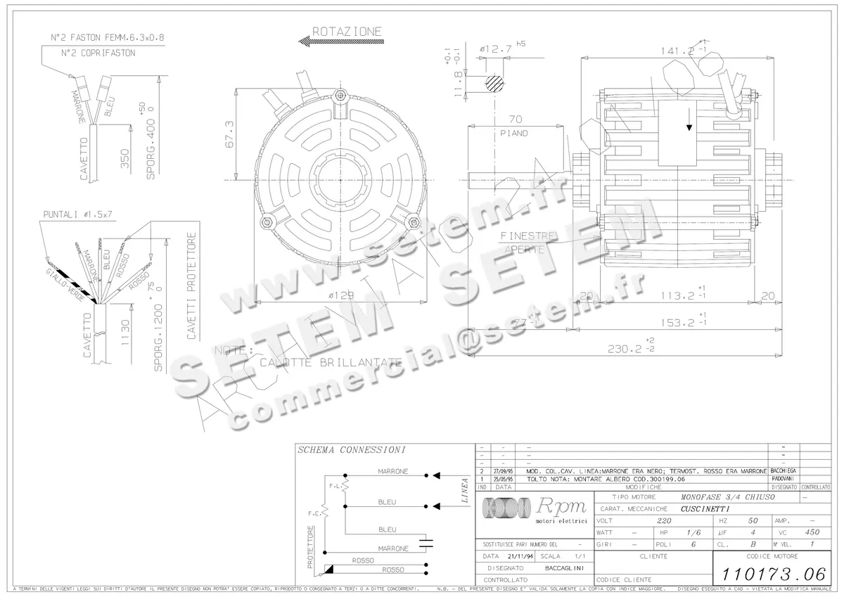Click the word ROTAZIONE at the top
click(x=347, y=32)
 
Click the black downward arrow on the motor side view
click(x=689, y=124)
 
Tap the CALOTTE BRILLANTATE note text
click(x=331, y=363)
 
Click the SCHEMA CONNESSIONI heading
click(x=341, y=450)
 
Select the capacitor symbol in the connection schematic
click(x=424, y=541)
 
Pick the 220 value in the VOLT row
click(x=663, y=521)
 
